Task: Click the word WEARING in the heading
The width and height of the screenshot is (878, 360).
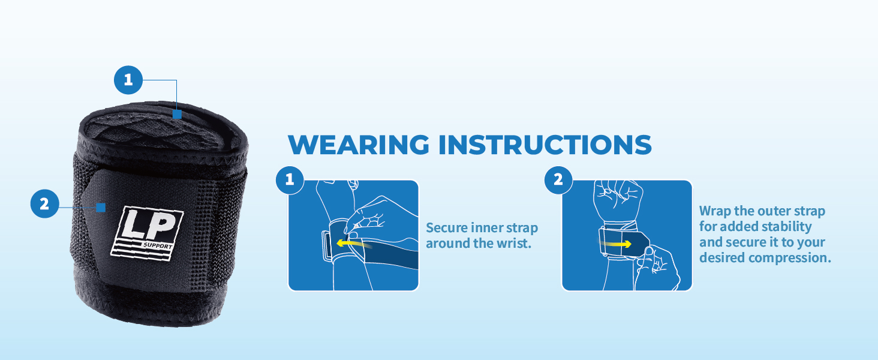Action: pyautogui.click(x=359, y=145)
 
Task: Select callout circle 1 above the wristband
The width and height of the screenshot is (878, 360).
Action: pyautogui.click(x=128, y=80)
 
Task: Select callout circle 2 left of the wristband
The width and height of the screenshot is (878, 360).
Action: pyautogui.click(x=44, y=204)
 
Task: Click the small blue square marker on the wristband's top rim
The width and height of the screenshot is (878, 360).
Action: pyautogui.click(x=177, y=114)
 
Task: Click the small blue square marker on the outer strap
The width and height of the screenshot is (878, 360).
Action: pyautogui.click(x=101, y=208)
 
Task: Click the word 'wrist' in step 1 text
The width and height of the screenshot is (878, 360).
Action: pyautogui.click(x=516, y=245)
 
